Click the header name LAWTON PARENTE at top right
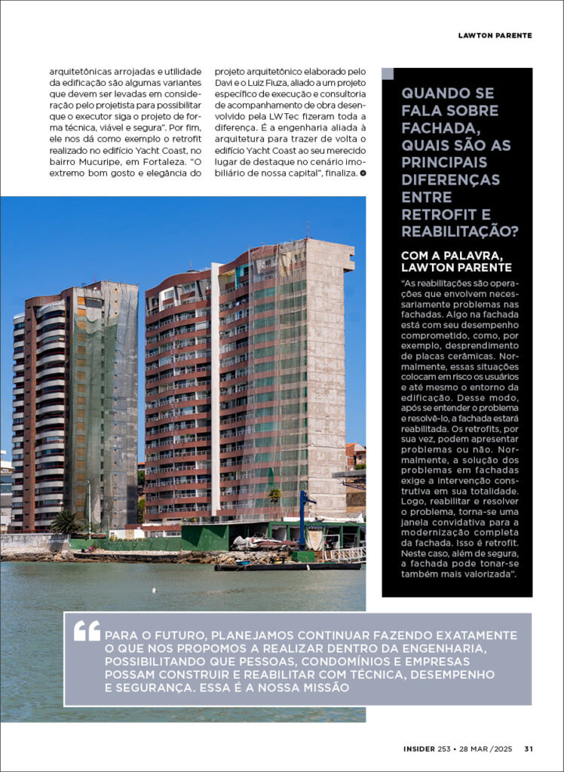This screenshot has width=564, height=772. [495, 35]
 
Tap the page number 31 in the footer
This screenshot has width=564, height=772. [529, 749]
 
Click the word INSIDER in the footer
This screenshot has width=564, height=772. [418, 749]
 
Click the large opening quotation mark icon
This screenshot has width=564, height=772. [87, 631]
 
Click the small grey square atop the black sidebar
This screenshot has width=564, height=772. [388, 74]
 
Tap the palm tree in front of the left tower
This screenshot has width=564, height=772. [66, 521]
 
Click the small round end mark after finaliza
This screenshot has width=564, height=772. [363, 173]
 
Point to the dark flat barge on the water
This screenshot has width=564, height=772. [287, 566]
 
